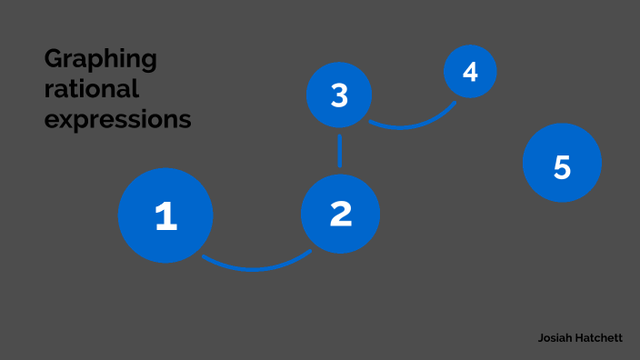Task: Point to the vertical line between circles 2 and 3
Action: (340, 150)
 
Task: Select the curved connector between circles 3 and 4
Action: (410, 125)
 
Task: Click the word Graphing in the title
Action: (101, 60)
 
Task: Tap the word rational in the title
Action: (91, 89)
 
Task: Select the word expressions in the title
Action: (117, 119)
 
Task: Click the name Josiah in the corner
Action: (555, 337)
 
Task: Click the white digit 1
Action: (165, 216)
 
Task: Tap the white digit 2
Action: (340, 214)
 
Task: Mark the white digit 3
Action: (339, 95)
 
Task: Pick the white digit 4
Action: (470, 71)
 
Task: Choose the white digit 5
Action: (562, 167)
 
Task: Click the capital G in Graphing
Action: (54, 59)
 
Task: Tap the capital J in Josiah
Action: (541, 337)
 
